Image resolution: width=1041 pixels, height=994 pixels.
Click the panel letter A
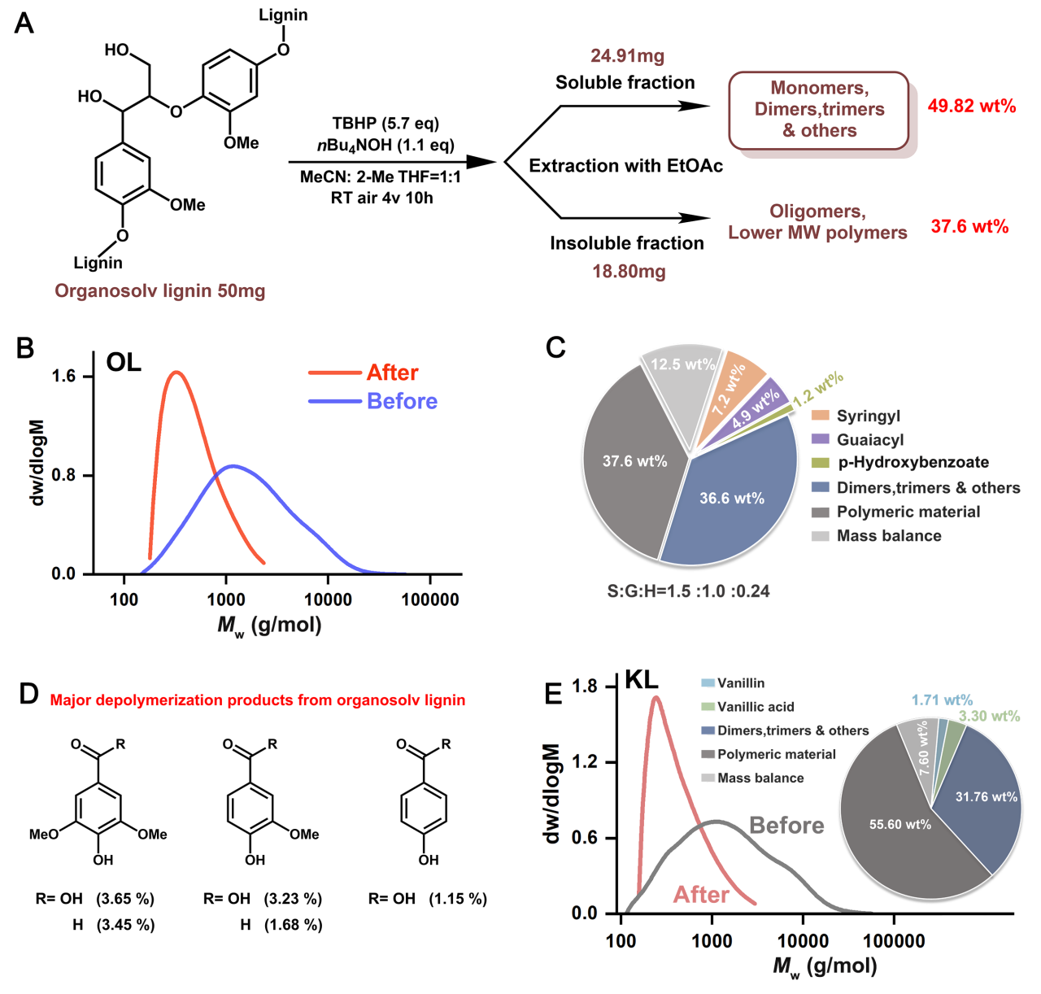[24, 23]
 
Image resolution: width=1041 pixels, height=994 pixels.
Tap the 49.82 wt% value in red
[972, 107]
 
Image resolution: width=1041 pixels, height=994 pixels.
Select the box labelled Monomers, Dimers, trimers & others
[819, 110]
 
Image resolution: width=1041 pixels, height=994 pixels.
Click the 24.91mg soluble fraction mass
[627, 56]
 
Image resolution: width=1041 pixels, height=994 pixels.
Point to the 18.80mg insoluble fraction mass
[629, 272]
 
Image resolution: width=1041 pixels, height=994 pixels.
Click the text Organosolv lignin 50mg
[160, 291]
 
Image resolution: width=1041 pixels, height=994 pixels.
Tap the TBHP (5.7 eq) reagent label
[385, 123]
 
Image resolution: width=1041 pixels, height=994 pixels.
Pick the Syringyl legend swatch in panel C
[821, 416]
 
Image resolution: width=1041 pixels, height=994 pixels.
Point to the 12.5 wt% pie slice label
[682, 364]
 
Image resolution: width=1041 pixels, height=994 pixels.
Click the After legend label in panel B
[392, 373]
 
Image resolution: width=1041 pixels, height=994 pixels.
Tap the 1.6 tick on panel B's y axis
[63, 376]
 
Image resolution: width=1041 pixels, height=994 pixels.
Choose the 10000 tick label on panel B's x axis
[328, 600]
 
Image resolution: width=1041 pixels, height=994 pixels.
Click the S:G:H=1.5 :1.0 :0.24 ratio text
[688, 591]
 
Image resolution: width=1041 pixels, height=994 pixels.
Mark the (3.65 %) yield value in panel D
[125, 899]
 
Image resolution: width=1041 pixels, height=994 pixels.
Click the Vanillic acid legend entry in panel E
[756, 707]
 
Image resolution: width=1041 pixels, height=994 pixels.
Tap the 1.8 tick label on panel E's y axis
[584, 687]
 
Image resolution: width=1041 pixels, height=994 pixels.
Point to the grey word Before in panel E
[786, 826]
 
